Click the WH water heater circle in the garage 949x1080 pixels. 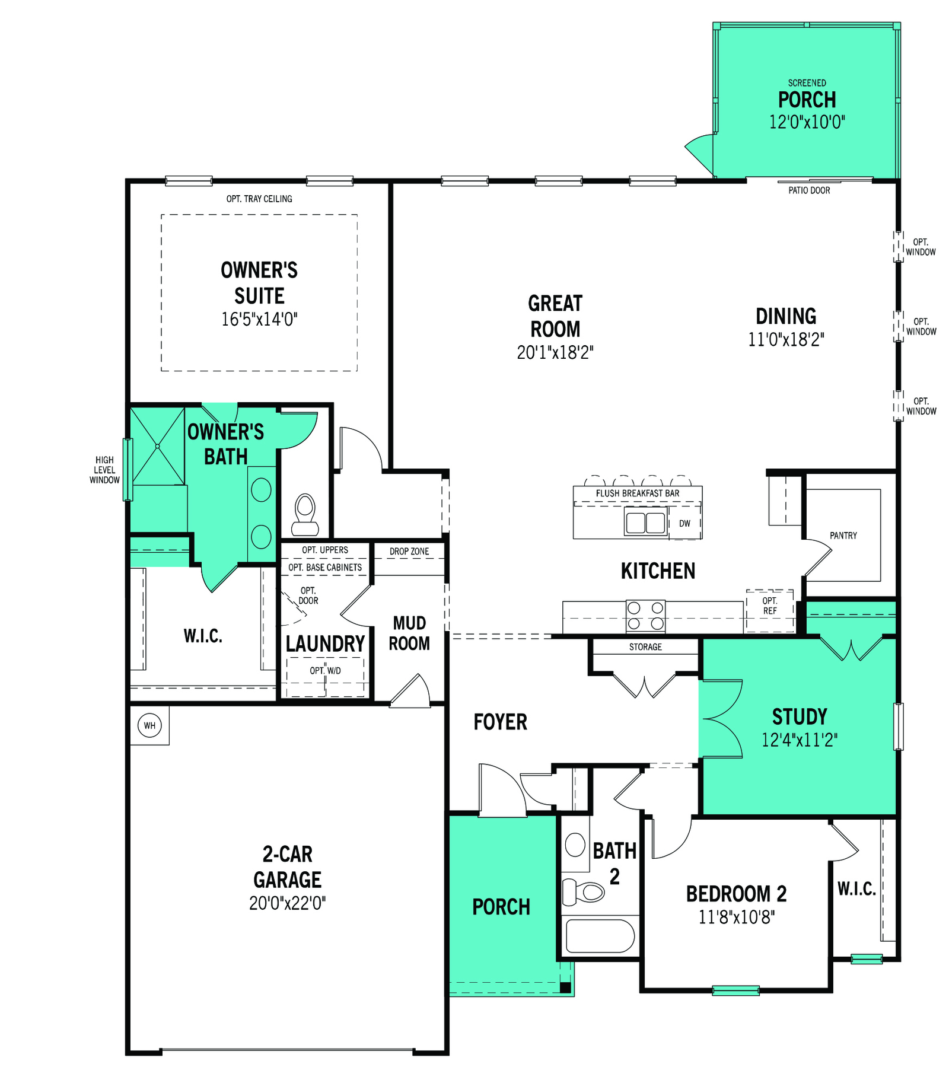[x=149, y=725]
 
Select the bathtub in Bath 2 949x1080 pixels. [x=600, y=936]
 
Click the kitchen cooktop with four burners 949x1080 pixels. [x=645, y=616]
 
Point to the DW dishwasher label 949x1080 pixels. [x=684, y=524]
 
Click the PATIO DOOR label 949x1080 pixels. [x=809, y=190]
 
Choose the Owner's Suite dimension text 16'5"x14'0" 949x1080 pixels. [x=259, y=320]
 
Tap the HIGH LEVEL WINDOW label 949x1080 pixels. [x=104, y=470]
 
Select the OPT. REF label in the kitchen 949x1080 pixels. [x=770, y=606]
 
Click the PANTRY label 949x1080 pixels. [x=843, y=536]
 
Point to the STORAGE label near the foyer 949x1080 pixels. [x=645, y=647]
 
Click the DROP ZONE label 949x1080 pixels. [x=409, y=552]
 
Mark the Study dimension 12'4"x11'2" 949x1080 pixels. [x=800, y=740]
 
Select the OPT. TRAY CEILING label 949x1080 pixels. [x=259, y=199]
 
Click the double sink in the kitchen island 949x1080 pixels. [x=646, y=523]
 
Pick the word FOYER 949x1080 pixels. [x=500, y=722]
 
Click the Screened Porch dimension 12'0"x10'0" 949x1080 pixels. [x=807, y=122]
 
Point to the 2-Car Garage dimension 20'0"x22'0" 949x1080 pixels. [x=288, y=903]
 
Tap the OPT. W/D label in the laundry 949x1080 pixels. [x=325, y=671]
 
